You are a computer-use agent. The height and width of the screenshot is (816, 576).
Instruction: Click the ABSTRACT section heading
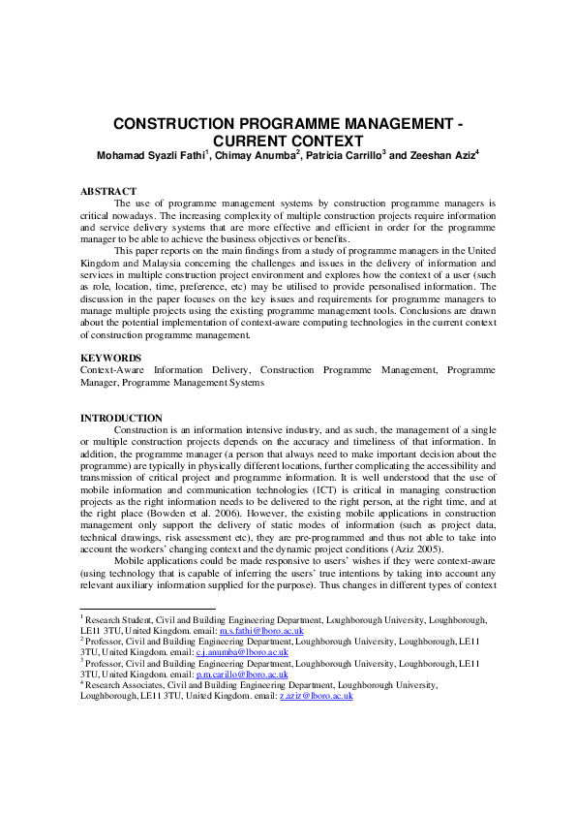(x=107, y=192)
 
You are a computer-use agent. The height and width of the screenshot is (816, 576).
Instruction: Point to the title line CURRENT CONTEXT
(x=288, y=141)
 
